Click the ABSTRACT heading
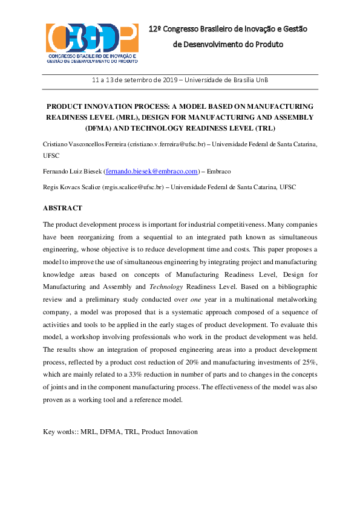point(62,208)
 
